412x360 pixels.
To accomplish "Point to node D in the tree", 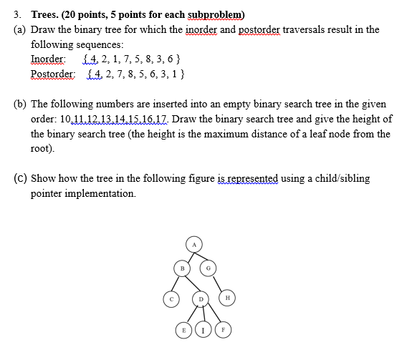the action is point(202,298).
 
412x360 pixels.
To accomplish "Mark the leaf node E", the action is point(185,331).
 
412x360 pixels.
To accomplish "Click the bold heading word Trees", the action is point(49,15).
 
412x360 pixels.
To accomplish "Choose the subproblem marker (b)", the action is point(21,104).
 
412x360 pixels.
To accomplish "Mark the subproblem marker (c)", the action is point(21,178).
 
